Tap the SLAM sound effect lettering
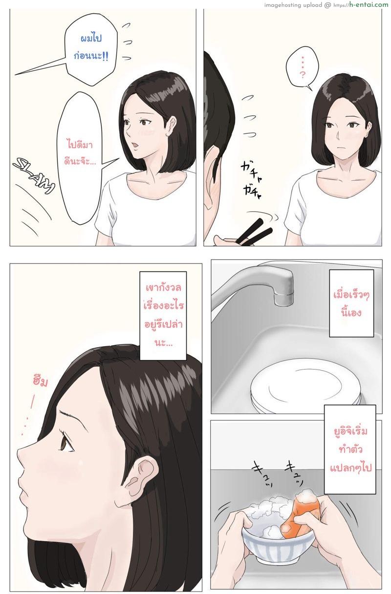(34, 176)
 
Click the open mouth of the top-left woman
(135, 145)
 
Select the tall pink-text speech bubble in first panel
(80, 156)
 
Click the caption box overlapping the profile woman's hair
(163, 315)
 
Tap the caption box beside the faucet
(351, 303)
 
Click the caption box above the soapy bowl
(350, 449)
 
